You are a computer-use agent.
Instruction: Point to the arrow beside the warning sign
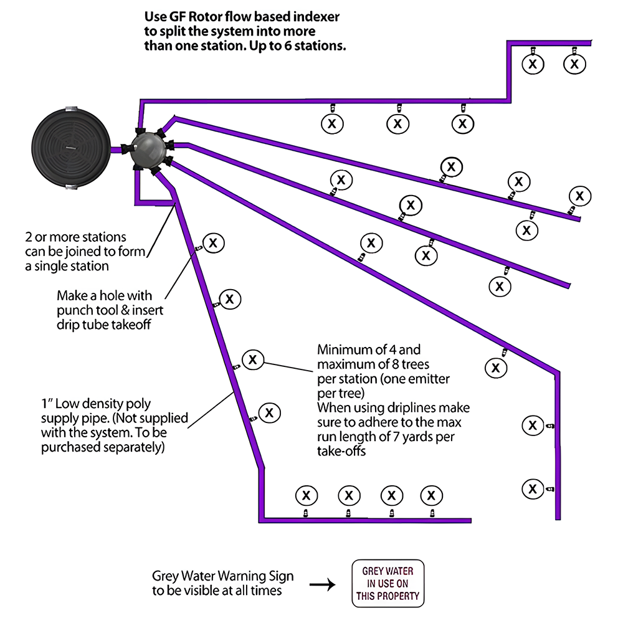point(323,585)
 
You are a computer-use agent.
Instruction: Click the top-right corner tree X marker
point(574,63)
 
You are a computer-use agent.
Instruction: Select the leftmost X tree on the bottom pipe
point(305,496)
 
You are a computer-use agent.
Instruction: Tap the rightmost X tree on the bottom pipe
point(431,496)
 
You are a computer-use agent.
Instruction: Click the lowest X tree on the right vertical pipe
point(533,487)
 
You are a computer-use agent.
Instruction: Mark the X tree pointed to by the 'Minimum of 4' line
point(252,359)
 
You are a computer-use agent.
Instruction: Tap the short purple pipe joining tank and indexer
point(116,150)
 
